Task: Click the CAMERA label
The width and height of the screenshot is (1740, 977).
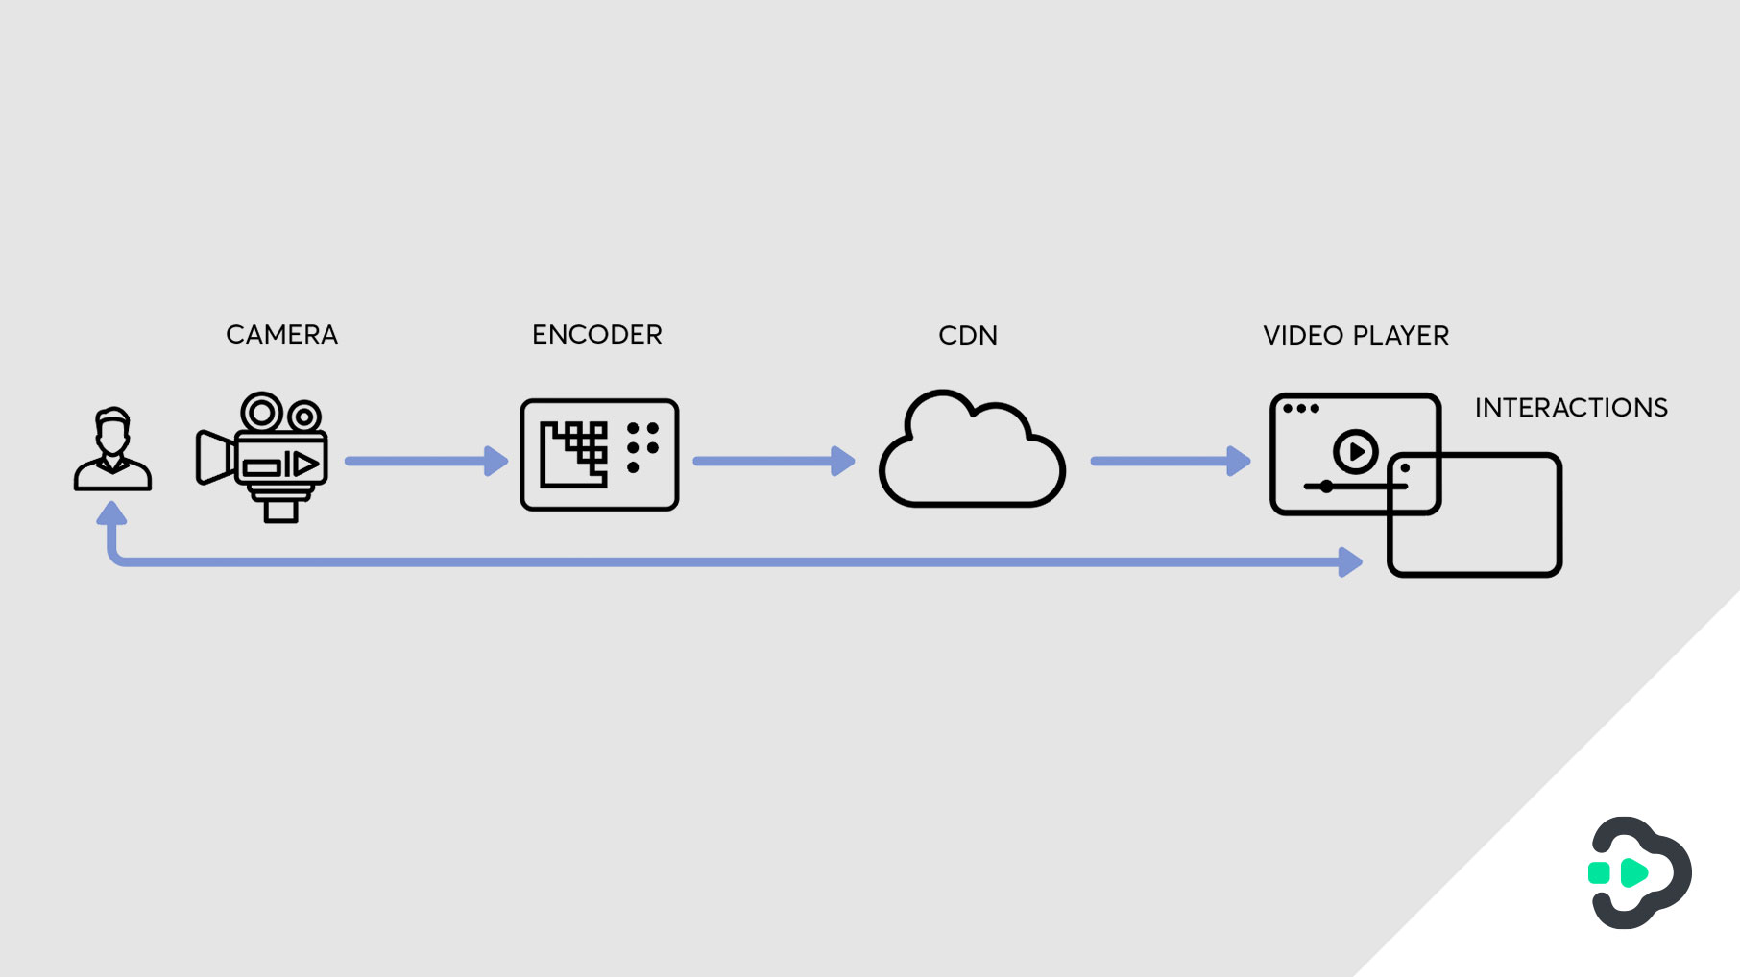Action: (x=281, y=335)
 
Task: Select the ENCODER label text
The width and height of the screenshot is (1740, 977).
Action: (x=596, y=335)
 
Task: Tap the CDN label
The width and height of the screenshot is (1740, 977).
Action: (x=967, y=336)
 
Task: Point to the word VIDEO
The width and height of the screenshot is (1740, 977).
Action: (x=1302, y=336)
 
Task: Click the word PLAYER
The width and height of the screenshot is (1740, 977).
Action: (x=1400, y=336)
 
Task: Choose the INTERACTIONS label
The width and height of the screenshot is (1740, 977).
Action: (x=1570, y=408)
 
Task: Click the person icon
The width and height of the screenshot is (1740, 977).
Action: (x=112, y=450)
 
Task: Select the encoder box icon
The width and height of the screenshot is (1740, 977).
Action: (x=599, y=455)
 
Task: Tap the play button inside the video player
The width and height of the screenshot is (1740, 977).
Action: (x=1355, y=450)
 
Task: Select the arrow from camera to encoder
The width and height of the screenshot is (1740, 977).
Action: (x=423, y=462)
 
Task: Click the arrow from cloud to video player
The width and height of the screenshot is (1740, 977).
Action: (x=1167, y=462)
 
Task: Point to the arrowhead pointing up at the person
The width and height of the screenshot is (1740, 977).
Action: (x=112, y=514)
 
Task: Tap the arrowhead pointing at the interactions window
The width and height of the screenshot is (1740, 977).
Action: (x=1350, y=561)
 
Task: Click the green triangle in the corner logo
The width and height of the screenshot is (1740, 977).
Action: (x=1633, y=872)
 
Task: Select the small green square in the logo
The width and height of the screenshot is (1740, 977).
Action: (x=1599, y=872)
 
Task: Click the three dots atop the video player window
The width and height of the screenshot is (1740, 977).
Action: (x=1301, y=409)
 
